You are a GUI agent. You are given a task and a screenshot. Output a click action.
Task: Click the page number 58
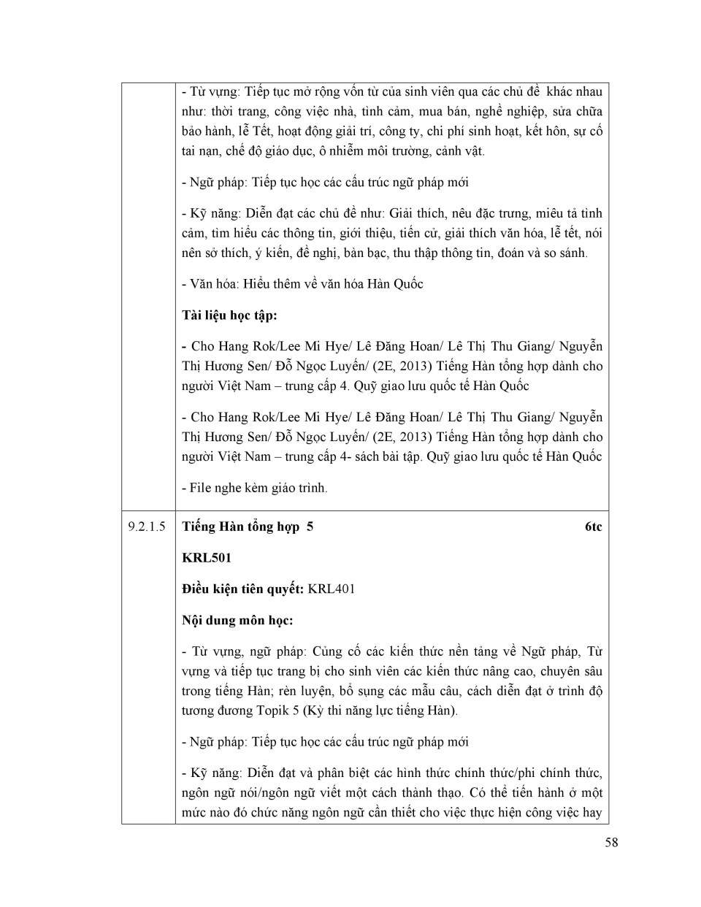click(611, 842)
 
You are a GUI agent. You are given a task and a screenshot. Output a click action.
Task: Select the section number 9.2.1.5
click(147, 527)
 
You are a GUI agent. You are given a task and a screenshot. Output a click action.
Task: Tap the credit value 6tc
click(593, 527)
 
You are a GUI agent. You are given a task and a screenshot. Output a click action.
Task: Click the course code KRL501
click(207, 558)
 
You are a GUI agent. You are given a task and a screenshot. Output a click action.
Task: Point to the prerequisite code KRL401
click(332, 589)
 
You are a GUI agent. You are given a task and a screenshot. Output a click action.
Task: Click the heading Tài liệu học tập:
click(229, 315)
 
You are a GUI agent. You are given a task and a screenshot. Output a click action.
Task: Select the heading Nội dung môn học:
click(237, 620)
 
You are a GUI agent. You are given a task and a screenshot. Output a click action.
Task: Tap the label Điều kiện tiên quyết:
click(243, 589)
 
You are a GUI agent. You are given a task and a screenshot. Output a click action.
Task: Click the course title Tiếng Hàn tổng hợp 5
click(248, 527)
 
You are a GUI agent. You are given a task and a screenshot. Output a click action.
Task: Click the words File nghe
click(218, 487)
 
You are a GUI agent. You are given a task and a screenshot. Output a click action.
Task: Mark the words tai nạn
click(199, 151)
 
